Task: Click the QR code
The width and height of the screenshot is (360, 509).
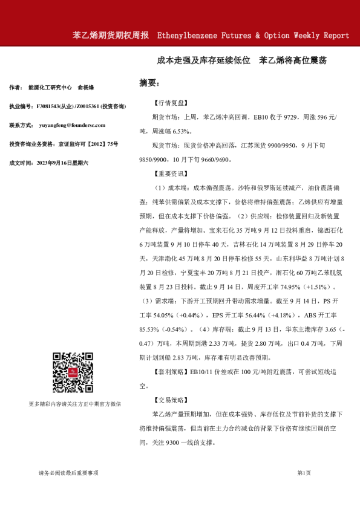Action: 72,374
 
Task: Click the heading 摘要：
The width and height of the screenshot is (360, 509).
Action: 149,82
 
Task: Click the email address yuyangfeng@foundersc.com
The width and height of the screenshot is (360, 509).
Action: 72,125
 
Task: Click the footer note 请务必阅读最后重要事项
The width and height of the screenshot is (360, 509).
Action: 68,473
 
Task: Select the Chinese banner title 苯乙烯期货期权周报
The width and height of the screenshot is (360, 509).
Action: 110,36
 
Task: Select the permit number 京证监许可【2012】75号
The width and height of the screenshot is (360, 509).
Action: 89,144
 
